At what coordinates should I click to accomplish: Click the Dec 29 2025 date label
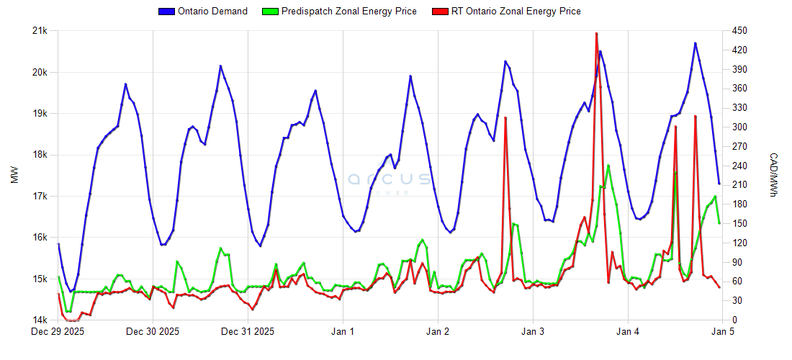pos(58,332)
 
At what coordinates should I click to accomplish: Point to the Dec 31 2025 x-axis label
pos(248,332)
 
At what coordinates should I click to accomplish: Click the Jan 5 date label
pos(724,332)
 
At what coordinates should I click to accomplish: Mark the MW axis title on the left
pos(14,176)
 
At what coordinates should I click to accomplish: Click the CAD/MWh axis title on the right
pos(774,176)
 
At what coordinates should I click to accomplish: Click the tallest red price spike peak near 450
pos(596,33)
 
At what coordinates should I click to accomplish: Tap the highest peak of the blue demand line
pos(696,43)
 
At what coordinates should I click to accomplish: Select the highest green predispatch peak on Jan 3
pos(608,166)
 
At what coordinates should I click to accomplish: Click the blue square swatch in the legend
pos(166,12)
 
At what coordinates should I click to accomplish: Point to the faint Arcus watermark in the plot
pos(390,180)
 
